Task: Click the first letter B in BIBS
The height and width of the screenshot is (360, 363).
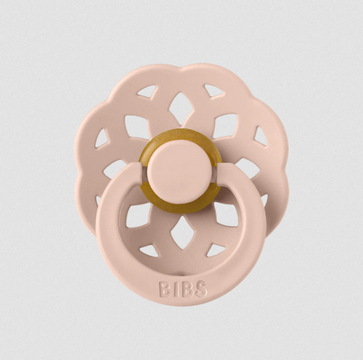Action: tap(164, 289)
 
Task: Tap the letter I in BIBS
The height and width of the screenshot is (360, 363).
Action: tap(174, 289)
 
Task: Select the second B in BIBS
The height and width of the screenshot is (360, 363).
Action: tap(184, 289)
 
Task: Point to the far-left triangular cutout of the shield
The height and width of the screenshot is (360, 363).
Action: tap(101, 137)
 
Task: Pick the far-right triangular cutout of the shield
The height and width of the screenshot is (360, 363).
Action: tap(260, 137)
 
